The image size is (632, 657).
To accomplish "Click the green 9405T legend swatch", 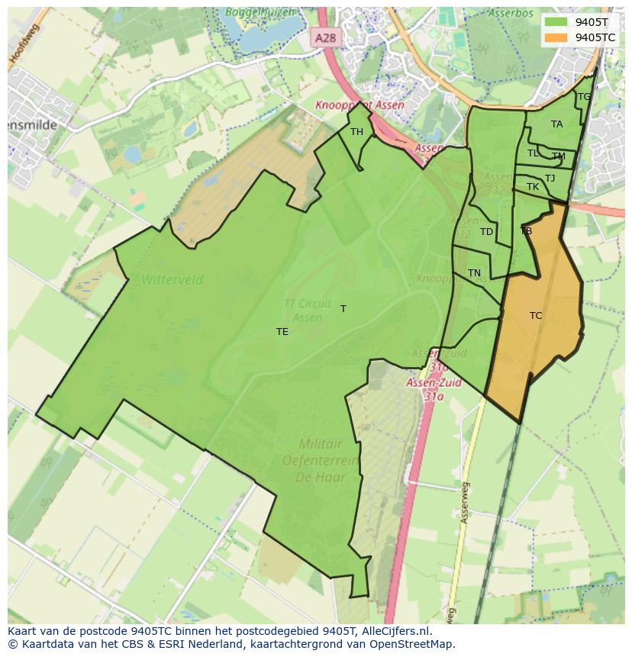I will point(556,21).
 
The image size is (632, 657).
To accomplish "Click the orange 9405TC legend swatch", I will point(556,37).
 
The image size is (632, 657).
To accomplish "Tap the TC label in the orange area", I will point(536,315).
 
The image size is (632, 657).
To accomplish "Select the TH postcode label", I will point(356,132).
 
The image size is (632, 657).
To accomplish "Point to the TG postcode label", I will point(584,97).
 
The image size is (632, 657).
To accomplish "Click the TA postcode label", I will point(556,124).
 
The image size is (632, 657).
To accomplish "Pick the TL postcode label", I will point(533,153).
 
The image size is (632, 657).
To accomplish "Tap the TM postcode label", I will point(559,156).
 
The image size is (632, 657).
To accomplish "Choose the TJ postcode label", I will point(550,179).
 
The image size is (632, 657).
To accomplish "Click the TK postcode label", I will point(533,187).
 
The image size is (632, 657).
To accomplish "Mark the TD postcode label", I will point(486,232).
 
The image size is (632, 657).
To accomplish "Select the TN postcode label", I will point(474,273).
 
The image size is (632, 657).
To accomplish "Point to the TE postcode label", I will point(282,331).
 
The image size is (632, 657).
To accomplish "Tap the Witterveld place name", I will point(173,280).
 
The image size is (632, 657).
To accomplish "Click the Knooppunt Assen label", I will point(360,105).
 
